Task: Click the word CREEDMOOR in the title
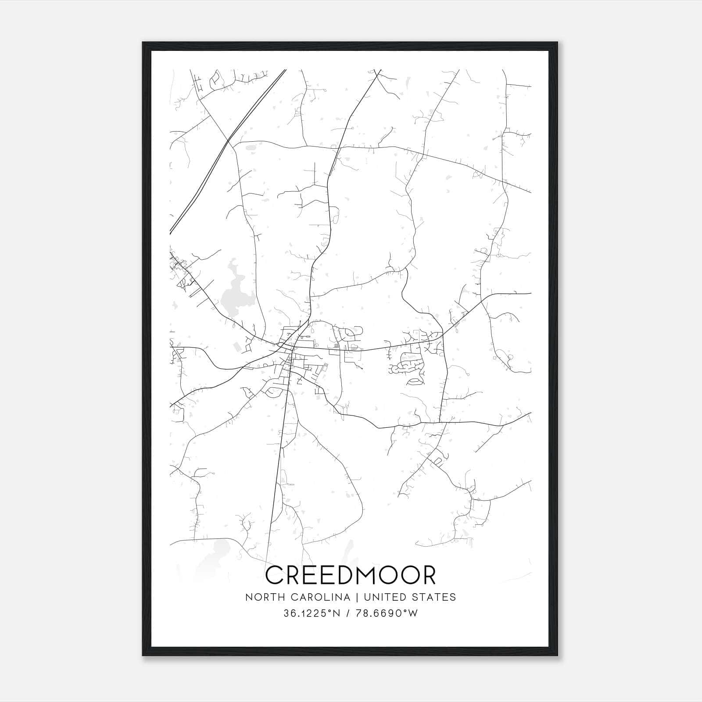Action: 351,575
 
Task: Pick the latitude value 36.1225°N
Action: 312,613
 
